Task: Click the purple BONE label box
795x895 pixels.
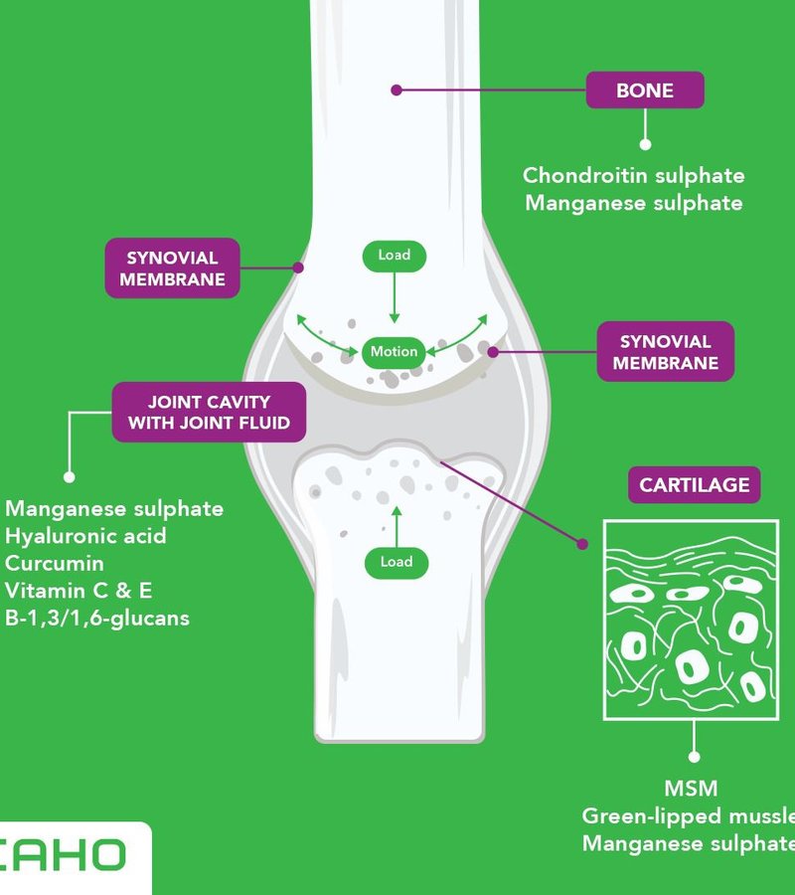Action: tap(645, 90)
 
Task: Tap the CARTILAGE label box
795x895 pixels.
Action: tap(694, 485)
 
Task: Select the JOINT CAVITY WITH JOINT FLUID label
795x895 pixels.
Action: tap(209, 413)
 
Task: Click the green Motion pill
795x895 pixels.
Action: tap(395, 352)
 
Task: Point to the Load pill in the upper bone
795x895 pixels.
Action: tap(395, 256)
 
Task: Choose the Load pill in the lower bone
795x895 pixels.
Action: tap(396, 562)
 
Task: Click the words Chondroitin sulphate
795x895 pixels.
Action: tap(633, 176)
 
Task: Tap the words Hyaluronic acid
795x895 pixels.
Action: tap(85, 536)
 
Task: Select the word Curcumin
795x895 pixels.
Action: tap(55, 563)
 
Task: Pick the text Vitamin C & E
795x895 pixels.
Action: tap(79, 591)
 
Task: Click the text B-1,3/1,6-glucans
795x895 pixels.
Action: tap(96, 618)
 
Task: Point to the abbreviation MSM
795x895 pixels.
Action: tap(692, 789)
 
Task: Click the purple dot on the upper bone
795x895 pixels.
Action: tap(396, 90)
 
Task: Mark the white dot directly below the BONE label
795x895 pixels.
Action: tap(645, 143)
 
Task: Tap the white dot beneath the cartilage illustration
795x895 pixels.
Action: tap(693, 757)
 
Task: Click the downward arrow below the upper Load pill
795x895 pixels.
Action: tap(395, 298)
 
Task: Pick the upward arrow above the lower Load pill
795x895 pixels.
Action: tap(396, 523)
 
